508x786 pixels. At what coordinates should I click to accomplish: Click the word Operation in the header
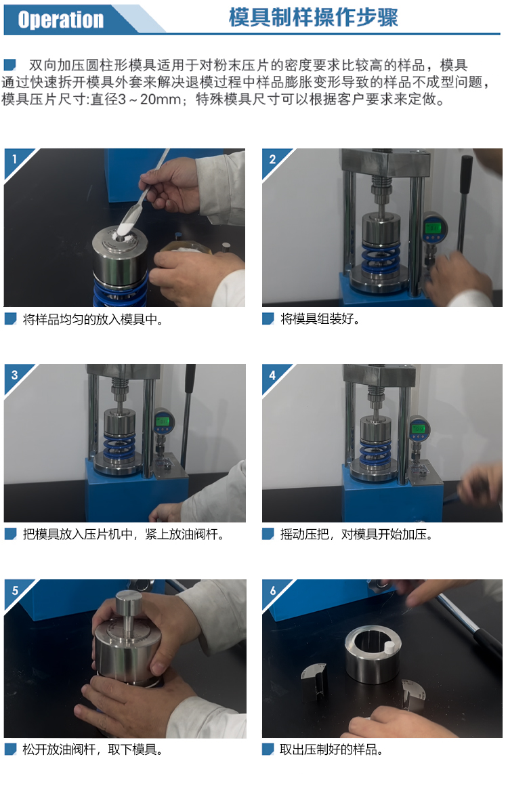60,20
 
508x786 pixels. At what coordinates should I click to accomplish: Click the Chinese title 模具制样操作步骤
313,18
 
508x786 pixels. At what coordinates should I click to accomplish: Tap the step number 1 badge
15,159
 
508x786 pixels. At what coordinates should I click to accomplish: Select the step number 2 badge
272,159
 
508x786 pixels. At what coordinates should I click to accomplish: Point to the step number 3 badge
14,375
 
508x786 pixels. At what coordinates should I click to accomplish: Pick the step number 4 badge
272,375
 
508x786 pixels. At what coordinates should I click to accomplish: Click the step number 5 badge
15,590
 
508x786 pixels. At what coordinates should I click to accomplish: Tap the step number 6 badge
272,590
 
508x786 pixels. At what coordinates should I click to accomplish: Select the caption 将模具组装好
320,319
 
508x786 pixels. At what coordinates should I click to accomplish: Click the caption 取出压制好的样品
331,749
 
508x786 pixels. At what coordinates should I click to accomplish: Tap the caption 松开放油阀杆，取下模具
93,749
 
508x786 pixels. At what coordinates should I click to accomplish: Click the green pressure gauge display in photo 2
432,228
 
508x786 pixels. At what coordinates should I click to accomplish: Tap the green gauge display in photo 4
418,429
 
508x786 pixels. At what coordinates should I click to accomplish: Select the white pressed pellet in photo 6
387,646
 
